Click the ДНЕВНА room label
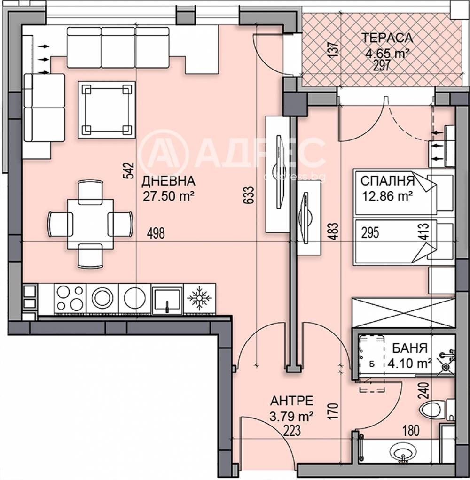click(x=168, y=181)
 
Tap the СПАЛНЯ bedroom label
click(x=387, y=181)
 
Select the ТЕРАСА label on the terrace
click(x=387, y=38)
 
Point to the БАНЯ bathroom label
click(x=410, y=348)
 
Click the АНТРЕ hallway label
click(x=292, y=401)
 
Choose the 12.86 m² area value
click(x=387, y=195)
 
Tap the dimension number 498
click(x=156, y=233)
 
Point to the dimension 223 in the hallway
click(x=292, y=431)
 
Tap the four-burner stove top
click(x=70, y=298)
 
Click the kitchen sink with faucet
click(x=167, y=298)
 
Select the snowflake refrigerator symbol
click(x=199, y=298)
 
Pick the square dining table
click(x=90, y=224)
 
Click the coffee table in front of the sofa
click(x=107, y=109)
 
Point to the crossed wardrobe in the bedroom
click(x=404, y=312)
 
